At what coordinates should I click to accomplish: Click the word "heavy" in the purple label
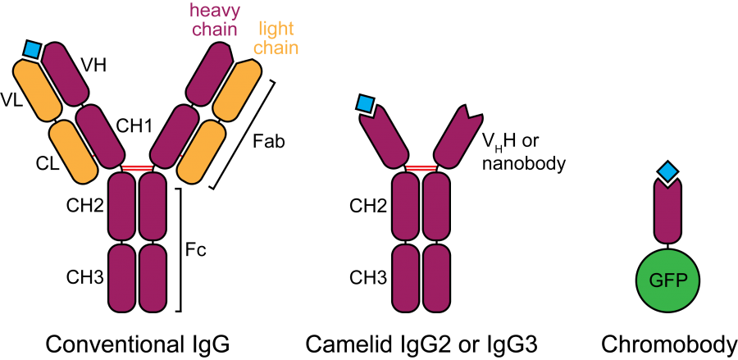215,11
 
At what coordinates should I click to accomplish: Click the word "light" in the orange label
276,30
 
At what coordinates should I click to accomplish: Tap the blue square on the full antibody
32,49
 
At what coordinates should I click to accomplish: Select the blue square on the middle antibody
365,103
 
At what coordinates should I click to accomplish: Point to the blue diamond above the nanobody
668,171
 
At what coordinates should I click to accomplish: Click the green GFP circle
667,280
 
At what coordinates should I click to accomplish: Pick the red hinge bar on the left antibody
137,167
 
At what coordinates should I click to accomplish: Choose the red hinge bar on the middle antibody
421,167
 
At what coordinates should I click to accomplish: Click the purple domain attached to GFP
667,212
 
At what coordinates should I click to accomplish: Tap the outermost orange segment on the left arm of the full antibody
38,90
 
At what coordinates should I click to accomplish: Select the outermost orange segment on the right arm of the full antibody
237,90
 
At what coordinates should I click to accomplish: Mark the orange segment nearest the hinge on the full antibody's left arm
74,152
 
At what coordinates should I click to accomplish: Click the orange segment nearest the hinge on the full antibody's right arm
201,152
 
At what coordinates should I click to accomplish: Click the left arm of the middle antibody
384,136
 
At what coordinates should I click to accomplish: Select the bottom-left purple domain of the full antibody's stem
121,278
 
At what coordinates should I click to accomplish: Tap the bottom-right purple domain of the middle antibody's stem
436,278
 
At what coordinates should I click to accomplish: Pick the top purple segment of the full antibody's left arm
65,74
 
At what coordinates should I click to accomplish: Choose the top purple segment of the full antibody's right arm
210,74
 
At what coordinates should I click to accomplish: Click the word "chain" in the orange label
276,48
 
